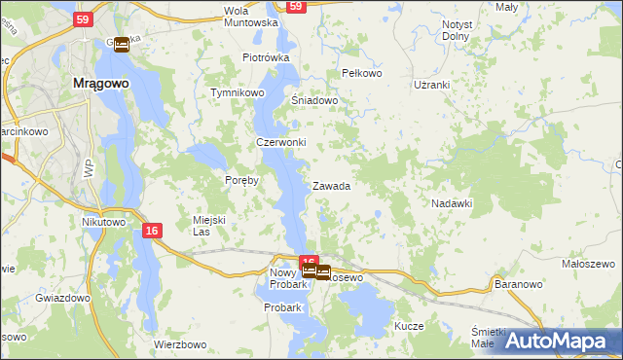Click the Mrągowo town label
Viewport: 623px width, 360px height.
101,84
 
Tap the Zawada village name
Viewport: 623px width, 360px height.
331,186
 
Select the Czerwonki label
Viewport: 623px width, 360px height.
280,142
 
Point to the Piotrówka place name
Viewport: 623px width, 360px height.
267,57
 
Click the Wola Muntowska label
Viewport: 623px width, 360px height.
251,16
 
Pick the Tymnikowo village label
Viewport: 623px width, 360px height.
238,93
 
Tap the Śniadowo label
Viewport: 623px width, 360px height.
314,100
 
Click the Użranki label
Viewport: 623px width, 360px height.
431,85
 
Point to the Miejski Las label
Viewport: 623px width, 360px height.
209,226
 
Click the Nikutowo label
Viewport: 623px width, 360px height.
104,222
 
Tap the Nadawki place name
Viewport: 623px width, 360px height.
452,203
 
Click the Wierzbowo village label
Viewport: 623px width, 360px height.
181,344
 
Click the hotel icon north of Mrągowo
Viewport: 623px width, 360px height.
122,45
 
